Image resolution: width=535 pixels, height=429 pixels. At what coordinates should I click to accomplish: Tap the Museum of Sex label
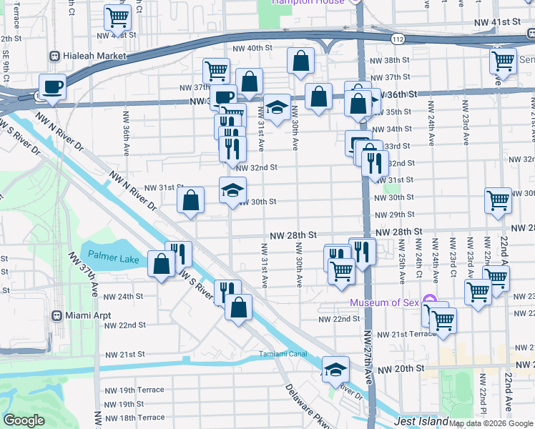384,302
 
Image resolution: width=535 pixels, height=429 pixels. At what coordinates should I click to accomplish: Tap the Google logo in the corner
24,421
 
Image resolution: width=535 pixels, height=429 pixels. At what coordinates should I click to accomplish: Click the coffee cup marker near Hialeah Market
53,87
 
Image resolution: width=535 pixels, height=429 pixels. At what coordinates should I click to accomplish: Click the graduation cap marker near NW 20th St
335,369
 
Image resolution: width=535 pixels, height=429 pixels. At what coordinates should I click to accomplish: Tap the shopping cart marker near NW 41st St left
117,16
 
